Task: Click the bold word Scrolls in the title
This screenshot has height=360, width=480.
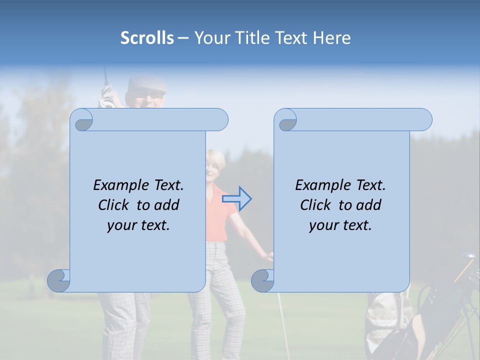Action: [147, 38]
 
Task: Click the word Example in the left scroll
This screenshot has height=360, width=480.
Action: [120, 185]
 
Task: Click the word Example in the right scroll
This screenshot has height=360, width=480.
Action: [322, 185]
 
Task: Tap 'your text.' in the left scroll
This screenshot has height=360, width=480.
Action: [138, 225]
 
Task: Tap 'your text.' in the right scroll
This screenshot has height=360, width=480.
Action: [340, 225]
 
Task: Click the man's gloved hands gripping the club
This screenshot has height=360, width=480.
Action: [107, 97]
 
